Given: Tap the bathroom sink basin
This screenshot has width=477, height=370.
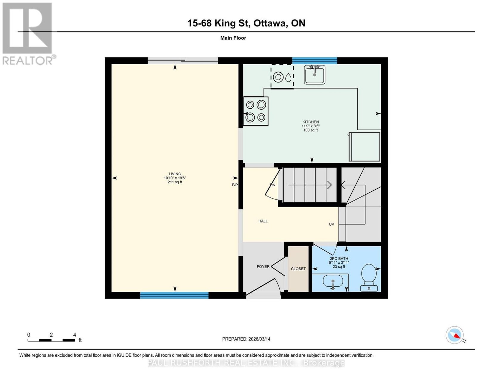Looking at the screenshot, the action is click(333, 282).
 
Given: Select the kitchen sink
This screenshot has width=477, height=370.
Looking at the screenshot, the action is click(314, 74).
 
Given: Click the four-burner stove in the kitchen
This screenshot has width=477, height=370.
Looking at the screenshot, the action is click(255, 111).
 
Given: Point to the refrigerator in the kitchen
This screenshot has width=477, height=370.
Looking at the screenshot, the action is click(364, 147).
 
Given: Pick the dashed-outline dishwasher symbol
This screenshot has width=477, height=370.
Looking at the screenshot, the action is click(282, 76).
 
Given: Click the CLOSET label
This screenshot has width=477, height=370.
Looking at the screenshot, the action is click(298, 269).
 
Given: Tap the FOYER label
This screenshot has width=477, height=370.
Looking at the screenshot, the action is click(263, 267).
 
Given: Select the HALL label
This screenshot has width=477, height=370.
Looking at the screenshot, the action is click(263, 221).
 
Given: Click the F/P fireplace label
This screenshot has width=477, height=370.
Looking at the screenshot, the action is click(235, 185).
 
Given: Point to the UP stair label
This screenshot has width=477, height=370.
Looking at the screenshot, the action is click(331, 224).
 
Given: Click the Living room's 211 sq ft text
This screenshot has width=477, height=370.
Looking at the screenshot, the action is click(175, 182).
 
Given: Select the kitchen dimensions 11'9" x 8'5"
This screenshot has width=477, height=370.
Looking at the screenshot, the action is click(310, 126).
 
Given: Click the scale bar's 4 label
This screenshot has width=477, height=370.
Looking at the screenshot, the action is click(75, 335).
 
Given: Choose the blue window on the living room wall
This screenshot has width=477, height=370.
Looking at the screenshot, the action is click(174, 295).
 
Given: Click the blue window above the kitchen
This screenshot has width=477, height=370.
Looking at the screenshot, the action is click(314, 61).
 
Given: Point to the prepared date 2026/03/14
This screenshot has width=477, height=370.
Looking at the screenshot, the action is click(259, 339).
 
